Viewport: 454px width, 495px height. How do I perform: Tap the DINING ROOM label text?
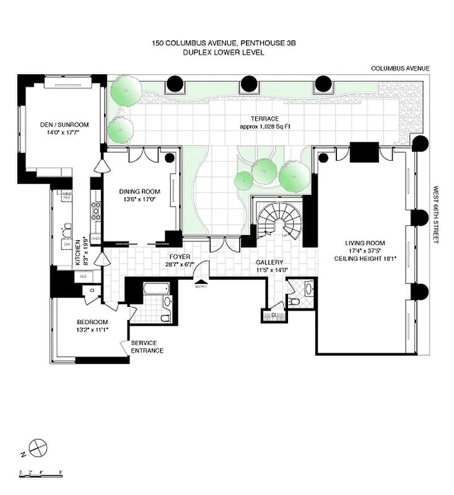[x=139, y=192]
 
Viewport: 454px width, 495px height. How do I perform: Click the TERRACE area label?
[x=264, y=118]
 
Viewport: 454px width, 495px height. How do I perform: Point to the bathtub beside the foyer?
[x=155, y=288]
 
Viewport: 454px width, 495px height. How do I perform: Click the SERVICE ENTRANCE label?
[x=147, y=347]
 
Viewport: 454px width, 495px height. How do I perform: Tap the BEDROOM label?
[x=92, y=322]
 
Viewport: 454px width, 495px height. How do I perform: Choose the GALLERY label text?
[x=269, y=262]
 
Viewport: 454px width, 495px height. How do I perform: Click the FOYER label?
[x=180, y=256]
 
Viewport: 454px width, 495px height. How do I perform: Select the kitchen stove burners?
[x=96, y=212]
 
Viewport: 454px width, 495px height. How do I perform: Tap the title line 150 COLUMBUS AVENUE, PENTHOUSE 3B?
[x=224, y=43]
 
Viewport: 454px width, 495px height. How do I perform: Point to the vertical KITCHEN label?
[x=78, y=253]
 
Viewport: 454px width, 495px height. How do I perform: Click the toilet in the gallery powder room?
[x=294, y=301]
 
